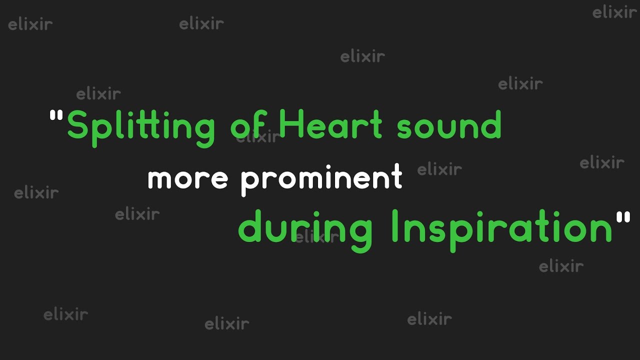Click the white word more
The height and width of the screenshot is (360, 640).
point(187,178)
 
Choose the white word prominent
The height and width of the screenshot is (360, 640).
point(321,179)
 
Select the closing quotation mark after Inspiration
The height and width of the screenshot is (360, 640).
point(623,217)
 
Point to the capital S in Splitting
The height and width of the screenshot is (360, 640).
point(77,125)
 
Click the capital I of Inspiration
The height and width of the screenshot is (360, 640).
point(395,226)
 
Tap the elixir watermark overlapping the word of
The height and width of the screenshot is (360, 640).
point(258,137)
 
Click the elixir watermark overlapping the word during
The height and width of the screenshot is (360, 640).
point(317,236)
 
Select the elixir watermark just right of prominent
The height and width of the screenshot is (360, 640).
point(439,169)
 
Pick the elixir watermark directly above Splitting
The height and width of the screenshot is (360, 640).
point(98,93)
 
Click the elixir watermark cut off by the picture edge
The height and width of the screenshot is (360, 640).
point(614,12)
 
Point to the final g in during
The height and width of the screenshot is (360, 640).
point(361,232)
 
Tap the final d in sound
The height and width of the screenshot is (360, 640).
point(491,125)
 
